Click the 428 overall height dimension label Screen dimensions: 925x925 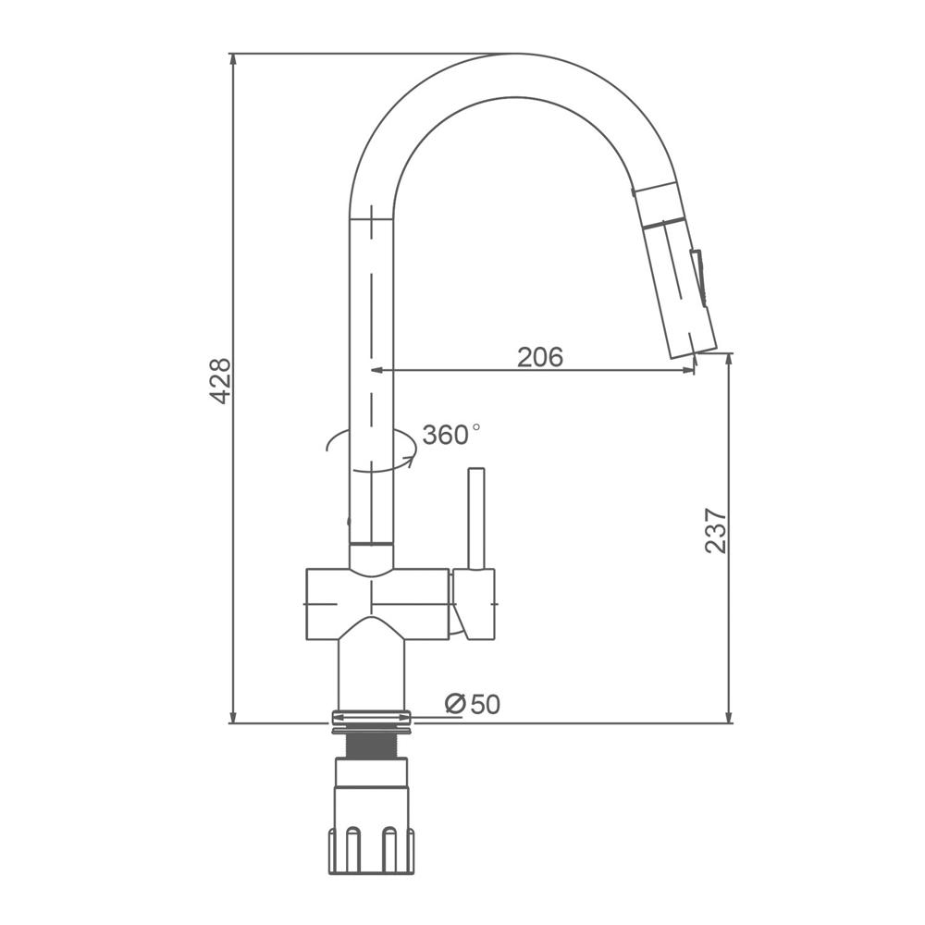click(221, 381)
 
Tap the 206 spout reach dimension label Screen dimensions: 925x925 click(540, 357)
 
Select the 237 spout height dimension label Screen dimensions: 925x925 click(716, 530)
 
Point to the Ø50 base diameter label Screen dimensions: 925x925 click(473, 704)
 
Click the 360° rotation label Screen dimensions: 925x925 click(451, 435)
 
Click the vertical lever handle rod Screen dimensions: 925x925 click(476, 519)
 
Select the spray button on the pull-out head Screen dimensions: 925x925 click(698, 277)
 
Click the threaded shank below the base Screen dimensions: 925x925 click(371, 746)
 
